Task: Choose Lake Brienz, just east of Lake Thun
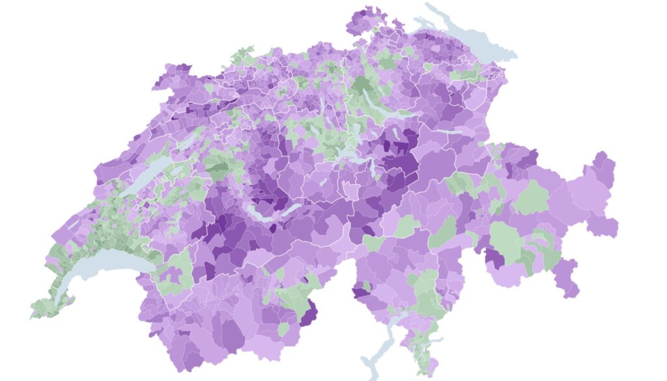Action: coord(290,208)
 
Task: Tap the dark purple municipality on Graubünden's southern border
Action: coord(494,257)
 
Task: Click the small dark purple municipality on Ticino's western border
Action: coord(360,291)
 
